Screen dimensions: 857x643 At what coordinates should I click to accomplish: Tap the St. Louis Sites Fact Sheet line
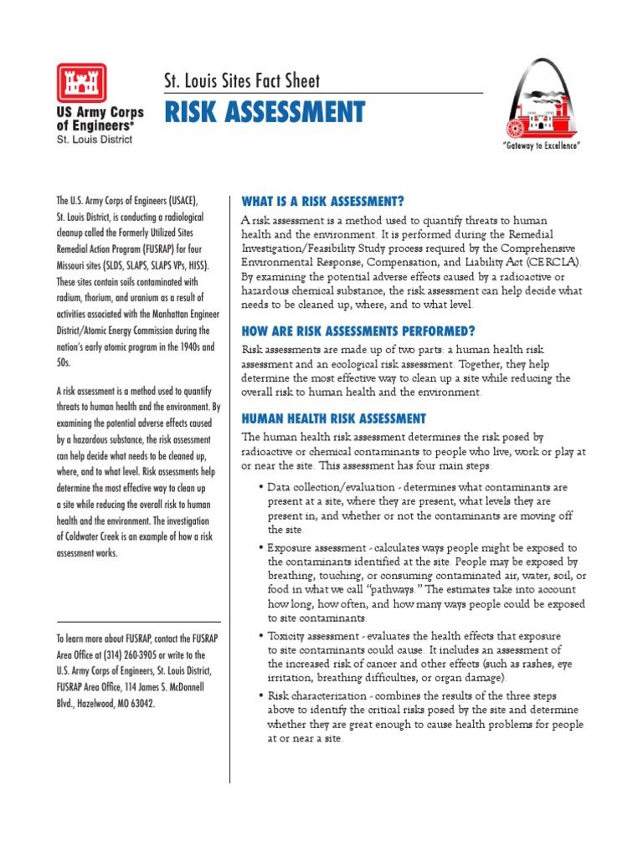241,81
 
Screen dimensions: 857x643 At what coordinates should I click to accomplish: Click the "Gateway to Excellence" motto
541,146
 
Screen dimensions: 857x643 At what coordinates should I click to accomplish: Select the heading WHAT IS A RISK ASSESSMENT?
322,202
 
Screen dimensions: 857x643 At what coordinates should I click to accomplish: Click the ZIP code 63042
140,703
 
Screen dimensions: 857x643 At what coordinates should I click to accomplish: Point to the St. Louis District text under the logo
94,140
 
